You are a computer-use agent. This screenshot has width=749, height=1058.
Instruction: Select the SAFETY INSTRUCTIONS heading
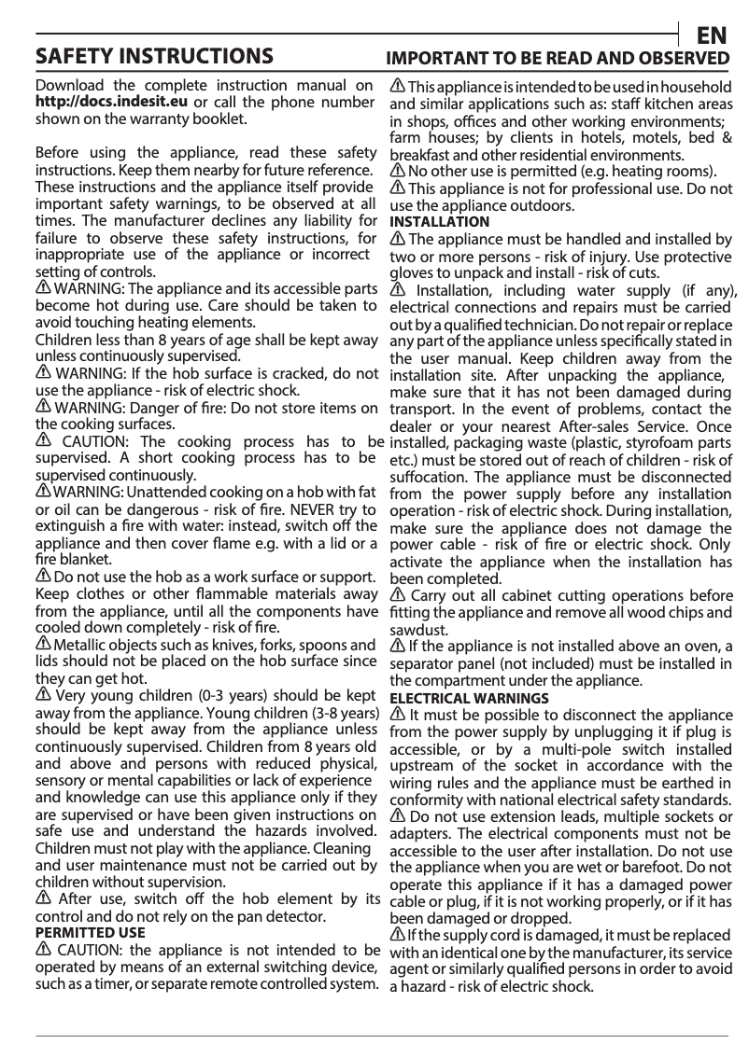coord(154,56)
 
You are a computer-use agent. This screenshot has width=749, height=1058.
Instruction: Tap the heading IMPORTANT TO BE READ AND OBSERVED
coord(558,59)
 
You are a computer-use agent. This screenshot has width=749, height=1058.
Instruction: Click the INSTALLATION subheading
coord(439,222)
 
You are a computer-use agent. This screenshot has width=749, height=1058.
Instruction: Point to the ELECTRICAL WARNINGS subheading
coord(469,698)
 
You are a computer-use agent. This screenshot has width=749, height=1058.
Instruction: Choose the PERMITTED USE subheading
coord(90,932)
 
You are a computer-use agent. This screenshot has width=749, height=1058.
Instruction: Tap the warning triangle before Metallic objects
coord(43,645)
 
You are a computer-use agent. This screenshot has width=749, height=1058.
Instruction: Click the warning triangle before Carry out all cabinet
coord(398,595)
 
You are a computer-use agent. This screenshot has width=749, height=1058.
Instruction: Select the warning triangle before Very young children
coord(43,696)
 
